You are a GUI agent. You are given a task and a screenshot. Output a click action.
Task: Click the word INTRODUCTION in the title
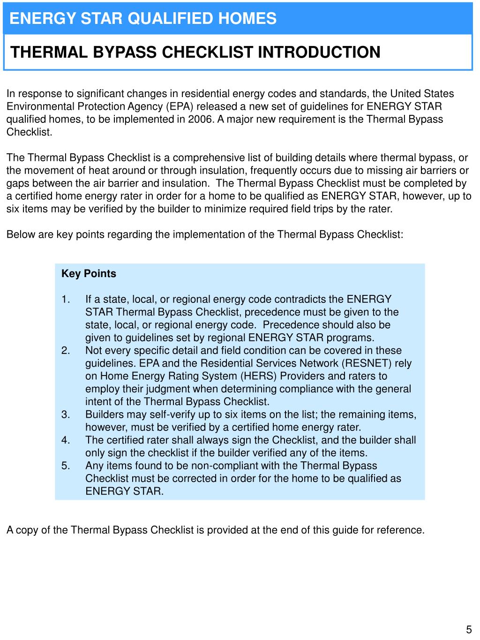click(319, 52)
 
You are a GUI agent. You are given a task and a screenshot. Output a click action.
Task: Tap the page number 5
click(469, 630)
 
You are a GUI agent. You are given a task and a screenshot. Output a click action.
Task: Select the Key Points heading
click(89, 274)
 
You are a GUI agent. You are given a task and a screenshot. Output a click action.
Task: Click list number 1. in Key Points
click(66, 300)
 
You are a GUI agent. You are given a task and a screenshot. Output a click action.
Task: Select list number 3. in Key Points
click(66, 414)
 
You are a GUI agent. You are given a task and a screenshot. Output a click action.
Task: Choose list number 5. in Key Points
click(66, 466)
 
